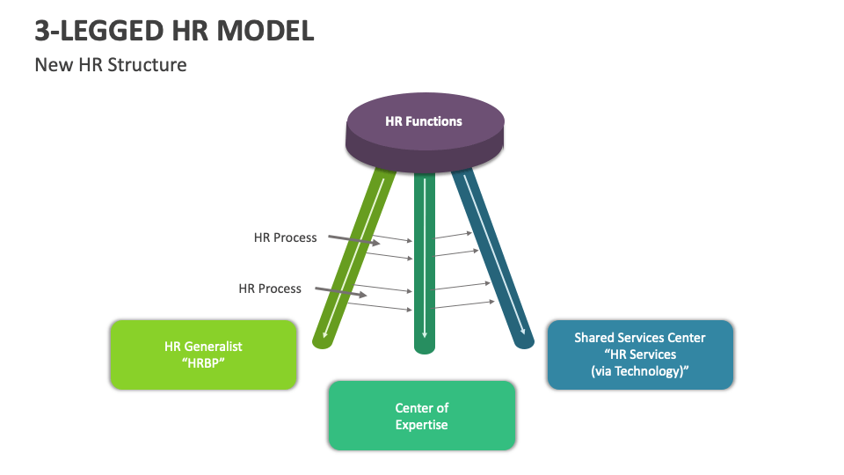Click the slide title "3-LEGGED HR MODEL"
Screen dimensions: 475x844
(174, 31)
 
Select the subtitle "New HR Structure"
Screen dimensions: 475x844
(110, 64)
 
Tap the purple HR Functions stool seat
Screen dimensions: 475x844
(425, 132)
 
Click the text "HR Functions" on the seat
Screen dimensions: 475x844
(424, 121)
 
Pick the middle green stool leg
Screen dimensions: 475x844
(425, 264)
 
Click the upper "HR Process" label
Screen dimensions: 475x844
(285, 237)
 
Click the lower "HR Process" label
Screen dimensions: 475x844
(270, 289)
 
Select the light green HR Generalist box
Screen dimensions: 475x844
(203, 354)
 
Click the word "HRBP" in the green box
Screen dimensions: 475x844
(203, 363)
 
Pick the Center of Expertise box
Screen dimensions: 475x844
(421, 416)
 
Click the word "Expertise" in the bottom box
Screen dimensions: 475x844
(421, 425)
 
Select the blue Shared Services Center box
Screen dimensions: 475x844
(639, 354)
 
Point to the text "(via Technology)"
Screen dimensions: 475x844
(639, 370)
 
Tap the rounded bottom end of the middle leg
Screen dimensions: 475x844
(425, 347)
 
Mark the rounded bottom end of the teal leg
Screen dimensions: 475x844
(525, 341)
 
